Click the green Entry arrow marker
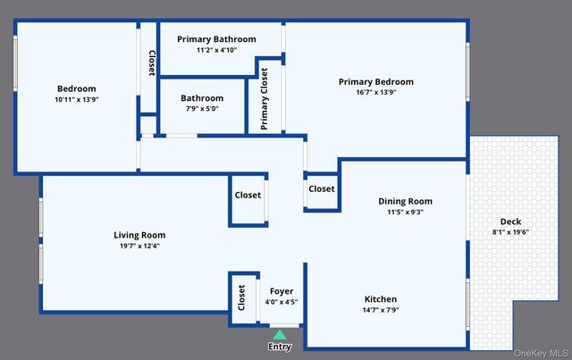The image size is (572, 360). click(280, 334)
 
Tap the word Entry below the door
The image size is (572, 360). click(280, 347)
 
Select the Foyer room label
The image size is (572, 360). click(282, 291)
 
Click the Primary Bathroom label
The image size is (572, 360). click(216, 39)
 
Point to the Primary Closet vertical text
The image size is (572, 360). click(265, 98)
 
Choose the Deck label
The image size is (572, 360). click(510, 222)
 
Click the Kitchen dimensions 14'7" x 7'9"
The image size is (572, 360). click(381, 310)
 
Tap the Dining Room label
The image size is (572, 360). click(405, 202)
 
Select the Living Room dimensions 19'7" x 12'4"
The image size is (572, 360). click(139, 246)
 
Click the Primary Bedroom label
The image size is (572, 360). click(375, 82)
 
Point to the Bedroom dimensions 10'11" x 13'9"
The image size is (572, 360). click(76, 99)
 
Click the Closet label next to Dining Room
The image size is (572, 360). click(322, 189)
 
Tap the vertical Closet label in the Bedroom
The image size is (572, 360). click(151, 62)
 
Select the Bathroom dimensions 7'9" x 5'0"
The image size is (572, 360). click(201, 109)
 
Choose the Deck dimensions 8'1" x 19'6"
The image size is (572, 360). click(510, 232)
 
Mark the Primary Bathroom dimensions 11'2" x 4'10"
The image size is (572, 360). click(216, 50)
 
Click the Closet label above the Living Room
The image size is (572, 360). click(248, 196)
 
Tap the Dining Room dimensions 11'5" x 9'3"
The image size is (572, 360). click(405, 213)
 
